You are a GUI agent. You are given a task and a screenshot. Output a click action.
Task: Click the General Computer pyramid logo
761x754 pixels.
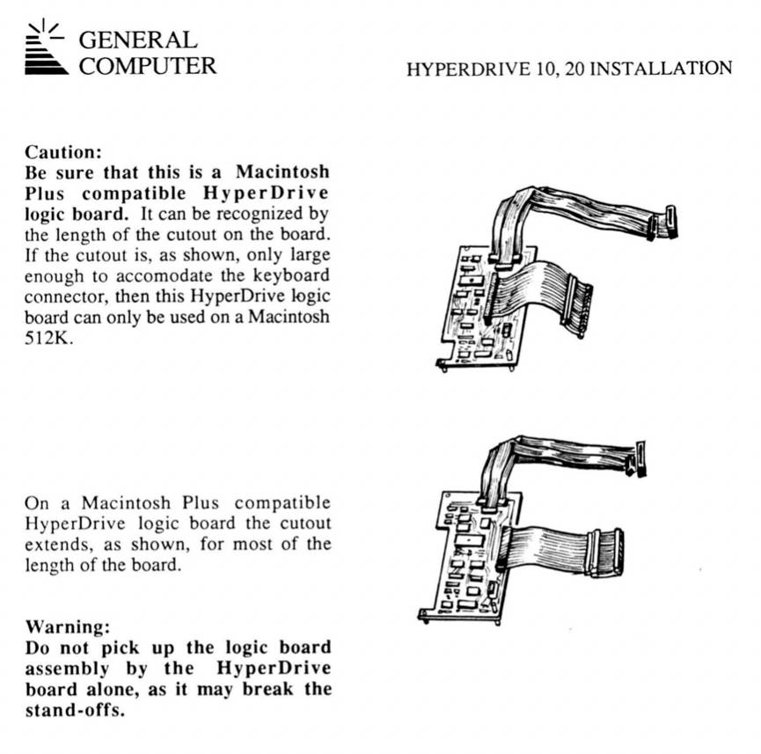pos(46,48)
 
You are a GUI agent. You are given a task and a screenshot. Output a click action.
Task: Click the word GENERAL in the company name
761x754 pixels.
pos(138,40)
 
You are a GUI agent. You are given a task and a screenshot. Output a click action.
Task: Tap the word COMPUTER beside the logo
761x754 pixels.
pos(148,66)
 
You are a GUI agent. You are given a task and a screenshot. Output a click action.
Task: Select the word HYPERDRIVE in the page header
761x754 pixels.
pos(468,70)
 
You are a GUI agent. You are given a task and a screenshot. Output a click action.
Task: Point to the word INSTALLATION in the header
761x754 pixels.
pos(661,69)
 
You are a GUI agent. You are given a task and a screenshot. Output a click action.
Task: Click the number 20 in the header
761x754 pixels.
pos(574,69)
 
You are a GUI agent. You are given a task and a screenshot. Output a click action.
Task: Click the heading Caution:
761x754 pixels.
pos(63,152)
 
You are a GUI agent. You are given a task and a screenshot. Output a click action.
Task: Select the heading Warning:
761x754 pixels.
pos(68,626)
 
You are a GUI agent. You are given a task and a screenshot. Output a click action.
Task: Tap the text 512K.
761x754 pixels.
pos(48,338)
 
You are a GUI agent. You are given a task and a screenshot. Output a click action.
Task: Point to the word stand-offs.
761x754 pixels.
pos(75,710)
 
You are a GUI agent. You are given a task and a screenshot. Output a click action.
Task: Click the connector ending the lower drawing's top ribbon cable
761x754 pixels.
pos(637,458)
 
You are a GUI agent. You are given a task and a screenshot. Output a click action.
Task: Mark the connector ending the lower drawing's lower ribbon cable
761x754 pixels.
pos(605,553)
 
